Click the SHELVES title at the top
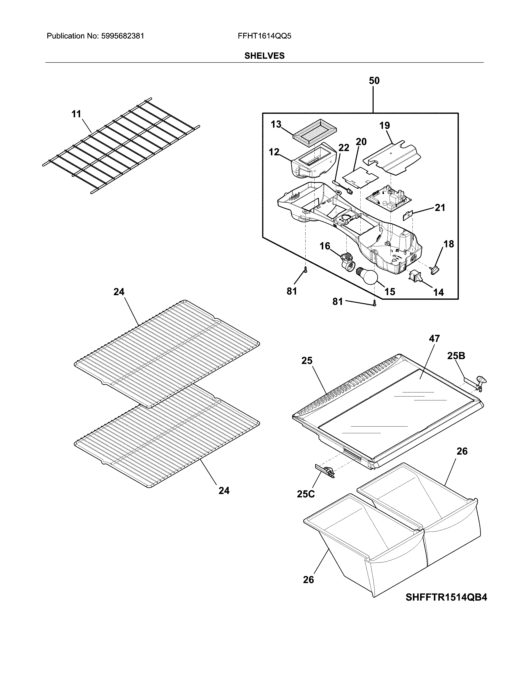tap(264, 56)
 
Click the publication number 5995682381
tap(123, 36)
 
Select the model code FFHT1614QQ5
tap(264, 36)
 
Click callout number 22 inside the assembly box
tap(344, 148)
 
